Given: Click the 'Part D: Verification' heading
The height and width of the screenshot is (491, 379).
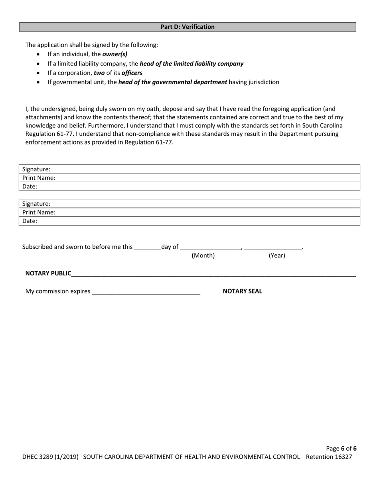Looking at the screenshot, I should pos(188,27).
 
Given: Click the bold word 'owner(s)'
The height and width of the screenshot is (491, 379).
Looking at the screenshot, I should pos(115,54).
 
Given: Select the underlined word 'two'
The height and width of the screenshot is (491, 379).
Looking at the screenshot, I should pos(99,73).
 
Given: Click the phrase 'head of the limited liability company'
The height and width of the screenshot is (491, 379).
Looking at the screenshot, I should pos(191,63).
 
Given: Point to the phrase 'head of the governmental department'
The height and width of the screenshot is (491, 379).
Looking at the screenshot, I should pos(173,82).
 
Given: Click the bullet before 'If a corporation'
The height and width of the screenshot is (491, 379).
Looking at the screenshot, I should pos(38,73).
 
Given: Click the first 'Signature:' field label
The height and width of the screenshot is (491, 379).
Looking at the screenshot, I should pos(36,169).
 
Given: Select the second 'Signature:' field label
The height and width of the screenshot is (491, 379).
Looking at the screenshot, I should pos(36,204).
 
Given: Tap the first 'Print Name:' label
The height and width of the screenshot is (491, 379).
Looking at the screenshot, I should pos(39,178).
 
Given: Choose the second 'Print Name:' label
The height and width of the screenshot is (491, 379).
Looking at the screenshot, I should pos(39,213).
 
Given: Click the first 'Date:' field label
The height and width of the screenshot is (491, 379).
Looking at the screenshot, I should pos(30,186).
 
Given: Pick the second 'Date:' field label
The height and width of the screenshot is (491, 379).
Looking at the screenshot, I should pos(30,221).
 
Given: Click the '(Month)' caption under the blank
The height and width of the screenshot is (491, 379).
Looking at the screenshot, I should pos(203,256).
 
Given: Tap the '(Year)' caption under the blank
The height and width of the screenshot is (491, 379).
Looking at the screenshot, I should pos(277,256).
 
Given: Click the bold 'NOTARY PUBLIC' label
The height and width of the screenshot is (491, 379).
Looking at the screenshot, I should pos(48,273).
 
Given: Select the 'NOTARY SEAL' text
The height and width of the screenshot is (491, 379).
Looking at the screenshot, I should pos(242,291).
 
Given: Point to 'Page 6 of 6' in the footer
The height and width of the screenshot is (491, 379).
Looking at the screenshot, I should pos(341,448).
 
